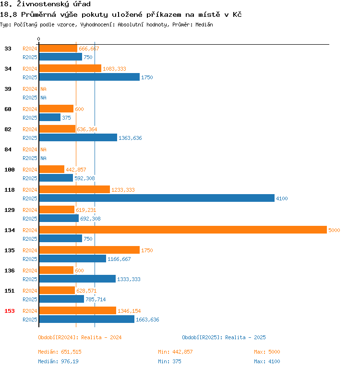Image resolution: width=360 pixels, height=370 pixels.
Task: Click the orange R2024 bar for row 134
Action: [182, 230]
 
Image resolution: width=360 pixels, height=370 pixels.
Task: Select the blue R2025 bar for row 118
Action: [156, 198]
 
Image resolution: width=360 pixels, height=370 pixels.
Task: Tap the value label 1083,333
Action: [114, 69]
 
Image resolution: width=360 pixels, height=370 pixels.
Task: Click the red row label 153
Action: [10, 311]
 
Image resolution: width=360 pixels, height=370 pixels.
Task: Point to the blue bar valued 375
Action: [49, 118]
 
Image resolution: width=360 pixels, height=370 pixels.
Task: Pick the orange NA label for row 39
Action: [43, 89]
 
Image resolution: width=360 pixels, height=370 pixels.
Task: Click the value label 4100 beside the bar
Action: [282, 198]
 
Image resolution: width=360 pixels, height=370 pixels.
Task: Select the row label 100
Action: [10, 170]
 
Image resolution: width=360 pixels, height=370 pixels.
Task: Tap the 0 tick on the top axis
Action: [39, 39]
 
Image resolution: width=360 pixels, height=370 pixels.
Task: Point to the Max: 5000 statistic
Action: [267, 352]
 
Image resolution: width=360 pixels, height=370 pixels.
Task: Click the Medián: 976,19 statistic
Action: [59, 361]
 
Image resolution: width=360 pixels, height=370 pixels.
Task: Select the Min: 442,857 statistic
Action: [175, 352]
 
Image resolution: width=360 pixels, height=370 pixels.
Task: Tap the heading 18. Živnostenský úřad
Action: [46, 4]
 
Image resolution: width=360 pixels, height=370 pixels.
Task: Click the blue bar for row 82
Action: [78, 138]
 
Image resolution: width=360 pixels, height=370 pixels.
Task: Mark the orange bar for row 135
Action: [89, 250]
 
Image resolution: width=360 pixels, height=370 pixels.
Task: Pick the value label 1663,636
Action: [147, 320]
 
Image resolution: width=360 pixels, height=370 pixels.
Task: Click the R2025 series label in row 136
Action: [30, 279]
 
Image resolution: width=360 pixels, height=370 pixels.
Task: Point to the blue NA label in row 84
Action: [43, 158]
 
